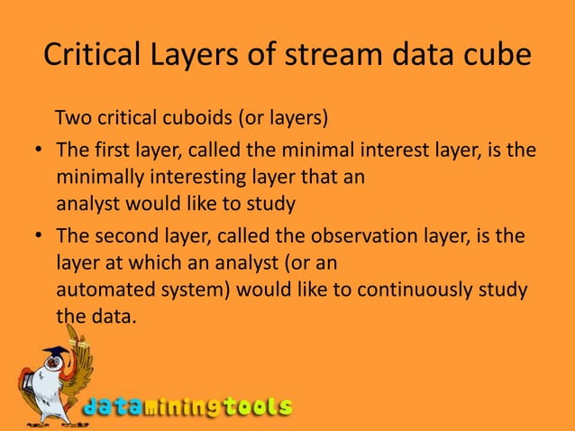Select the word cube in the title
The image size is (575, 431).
493,58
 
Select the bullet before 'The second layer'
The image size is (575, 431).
41,237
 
